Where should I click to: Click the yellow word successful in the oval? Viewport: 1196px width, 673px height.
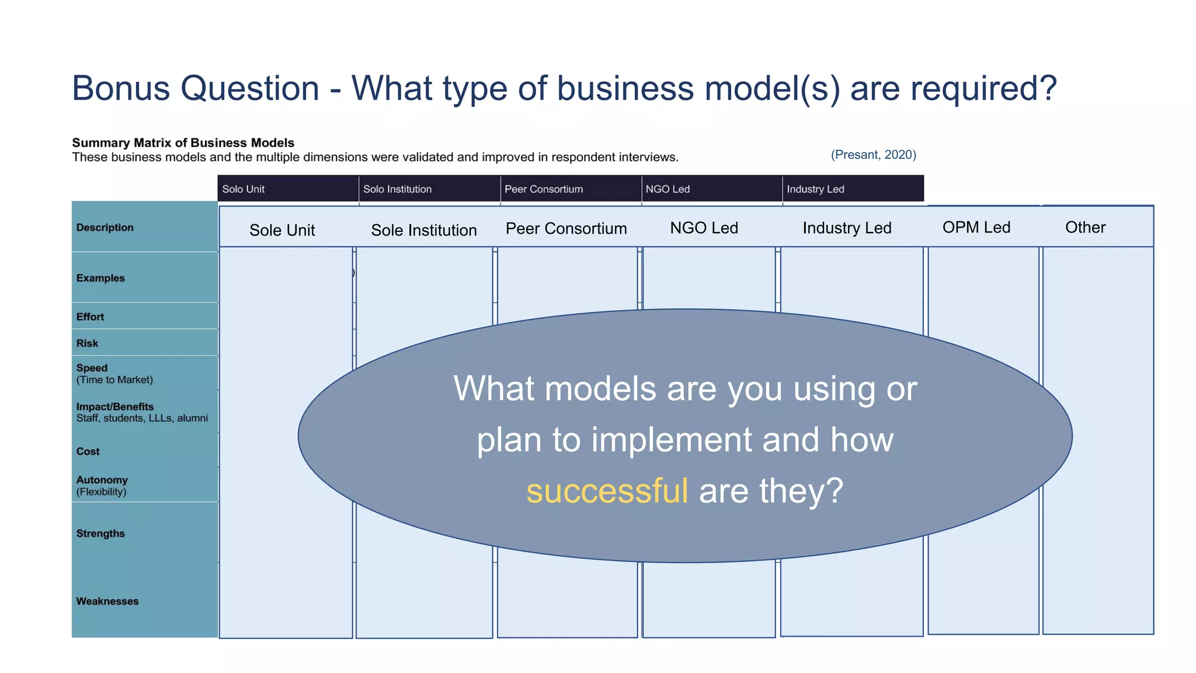(607, 491)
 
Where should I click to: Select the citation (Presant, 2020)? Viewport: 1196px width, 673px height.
(873, 155)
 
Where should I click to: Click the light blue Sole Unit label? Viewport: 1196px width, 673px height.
(282, 230)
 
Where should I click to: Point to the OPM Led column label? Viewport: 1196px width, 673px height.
(976, 227)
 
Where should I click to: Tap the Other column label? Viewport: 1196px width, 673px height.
(1085, 227)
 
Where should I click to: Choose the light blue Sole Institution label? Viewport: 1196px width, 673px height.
(424, 230)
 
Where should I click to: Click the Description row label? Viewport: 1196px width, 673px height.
(105, 228)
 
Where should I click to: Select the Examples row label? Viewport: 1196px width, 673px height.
(100, 278)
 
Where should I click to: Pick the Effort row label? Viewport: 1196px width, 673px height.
(90, 317)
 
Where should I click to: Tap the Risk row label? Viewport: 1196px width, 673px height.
(87, 344)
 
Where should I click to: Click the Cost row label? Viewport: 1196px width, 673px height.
(88, 452)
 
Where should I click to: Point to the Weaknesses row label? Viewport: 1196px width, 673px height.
(107, 601)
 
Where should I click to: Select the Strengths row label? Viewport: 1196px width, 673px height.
(100, 533)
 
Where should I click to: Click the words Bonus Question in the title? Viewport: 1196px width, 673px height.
(196, 89)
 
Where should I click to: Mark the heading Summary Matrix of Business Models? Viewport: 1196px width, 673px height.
(183, 143)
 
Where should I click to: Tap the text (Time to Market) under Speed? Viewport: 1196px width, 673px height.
(114, 380)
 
